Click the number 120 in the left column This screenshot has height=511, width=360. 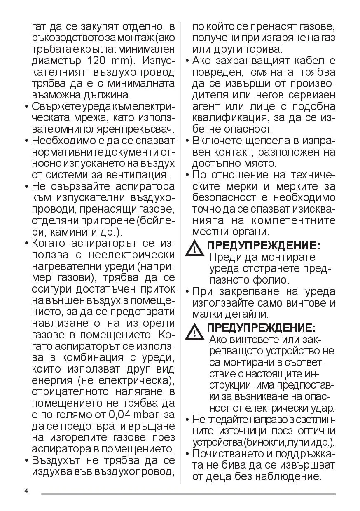[x=99, y=61]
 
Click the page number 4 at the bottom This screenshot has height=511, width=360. [x=26, y=491]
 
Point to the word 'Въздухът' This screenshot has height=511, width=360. [x=60, y=460]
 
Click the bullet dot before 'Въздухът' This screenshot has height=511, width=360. [x=27, y=460]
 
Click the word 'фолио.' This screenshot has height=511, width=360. [x=268, y=280]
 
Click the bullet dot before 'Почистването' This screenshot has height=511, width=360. [x=187, y=454]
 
